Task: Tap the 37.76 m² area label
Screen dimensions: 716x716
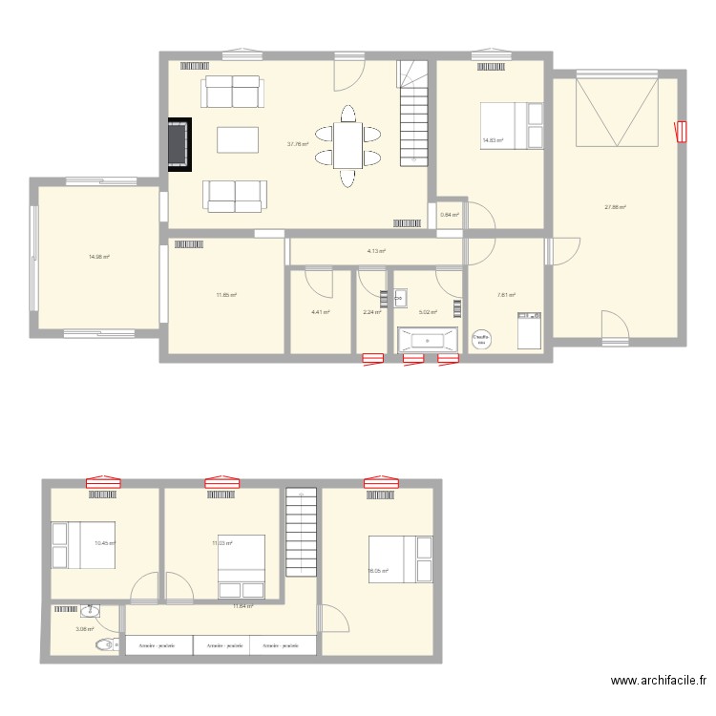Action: pyautogui.click(x=298, y=145)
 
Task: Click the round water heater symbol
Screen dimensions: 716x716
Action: pyautogui.click(x=482, y=339)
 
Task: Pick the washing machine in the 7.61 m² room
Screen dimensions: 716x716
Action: pyautogui.click(x=528, y=331)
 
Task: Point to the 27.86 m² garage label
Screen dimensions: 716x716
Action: pyautogui.click(x=615, y=207)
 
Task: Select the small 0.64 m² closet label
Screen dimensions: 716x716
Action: pyautogui.click(x=450, y=215)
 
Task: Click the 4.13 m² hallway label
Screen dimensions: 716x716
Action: pyautogui.click(x=376, y=251)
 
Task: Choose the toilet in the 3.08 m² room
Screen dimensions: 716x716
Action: pyautogui.click(x=106, y=645)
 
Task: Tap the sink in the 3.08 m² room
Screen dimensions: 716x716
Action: pyautogui.click(x=90, y=610)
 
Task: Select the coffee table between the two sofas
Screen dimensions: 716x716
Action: pyautogui.click(x=237, y=140)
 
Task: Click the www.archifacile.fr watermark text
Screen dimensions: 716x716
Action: pyautogui.click(x=659, y=682)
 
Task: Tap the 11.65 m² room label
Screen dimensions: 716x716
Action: pyautogui.click(x=226, y=295)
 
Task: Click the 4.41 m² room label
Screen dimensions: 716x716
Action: pyautogui.click(x=320, y=311)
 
